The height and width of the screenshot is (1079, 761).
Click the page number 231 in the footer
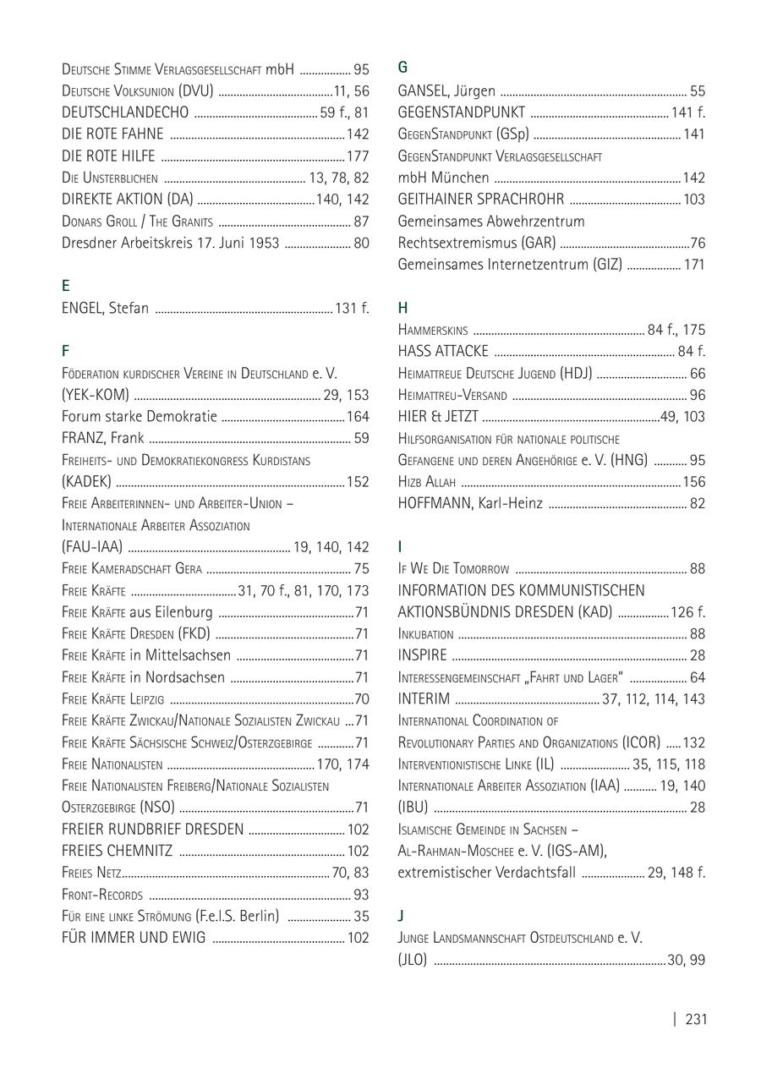pos(695,1019)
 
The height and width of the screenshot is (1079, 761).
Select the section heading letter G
pos(402,68)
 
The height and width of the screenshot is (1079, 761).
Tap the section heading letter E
pos(66,286)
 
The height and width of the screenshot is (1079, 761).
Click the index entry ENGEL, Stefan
pos(105,308)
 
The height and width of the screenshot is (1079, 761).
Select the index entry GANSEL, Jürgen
pos(446,91)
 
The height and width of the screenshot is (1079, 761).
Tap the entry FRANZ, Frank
pos(102,438)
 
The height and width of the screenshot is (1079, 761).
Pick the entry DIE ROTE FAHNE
pos(112,134)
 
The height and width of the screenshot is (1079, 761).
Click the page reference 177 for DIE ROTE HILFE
pos(358,156)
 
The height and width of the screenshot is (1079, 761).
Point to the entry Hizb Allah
pos(426,482)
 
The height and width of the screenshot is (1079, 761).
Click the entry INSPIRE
pos(422,655)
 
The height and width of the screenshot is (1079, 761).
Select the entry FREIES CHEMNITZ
pos(117,851)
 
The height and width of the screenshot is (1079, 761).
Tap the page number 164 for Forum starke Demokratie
pos(358,417)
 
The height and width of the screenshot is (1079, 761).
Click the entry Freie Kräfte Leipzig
pos(112,698)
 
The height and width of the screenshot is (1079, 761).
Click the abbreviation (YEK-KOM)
pos(95,395)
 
